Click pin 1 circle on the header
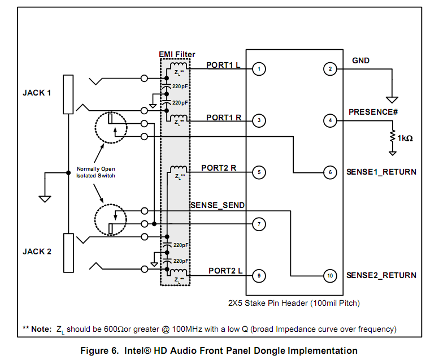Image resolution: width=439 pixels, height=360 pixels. coord(258,70)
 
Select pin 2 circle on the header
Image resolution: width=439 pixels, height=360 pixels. coord(329,70)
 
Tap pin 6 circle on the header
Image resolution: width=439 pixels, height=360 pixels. coord(329,172)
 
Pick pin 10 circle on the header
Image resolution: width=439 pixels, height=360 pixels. coord(329,276)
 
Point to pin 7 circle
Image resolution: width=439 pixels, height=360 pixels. coord(258,224)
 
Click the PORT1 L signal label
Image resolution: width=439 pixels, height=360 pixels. coord(223,64)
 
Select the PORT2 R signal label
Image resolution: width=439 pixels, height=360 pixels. coord(218,168)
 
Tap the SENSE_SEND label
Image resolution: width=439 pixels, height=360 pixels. coord(218,205)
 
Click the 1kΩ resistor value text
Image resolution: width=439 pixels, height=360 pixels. coord(405,138)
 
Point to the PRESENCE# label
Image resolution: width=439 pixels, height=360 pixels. coord(373,111)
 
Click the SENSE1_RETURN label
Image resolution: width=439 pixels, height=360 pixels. coord(381,172)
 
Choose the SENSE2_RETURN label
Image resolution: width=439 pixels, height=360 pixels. coord(381,275)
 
